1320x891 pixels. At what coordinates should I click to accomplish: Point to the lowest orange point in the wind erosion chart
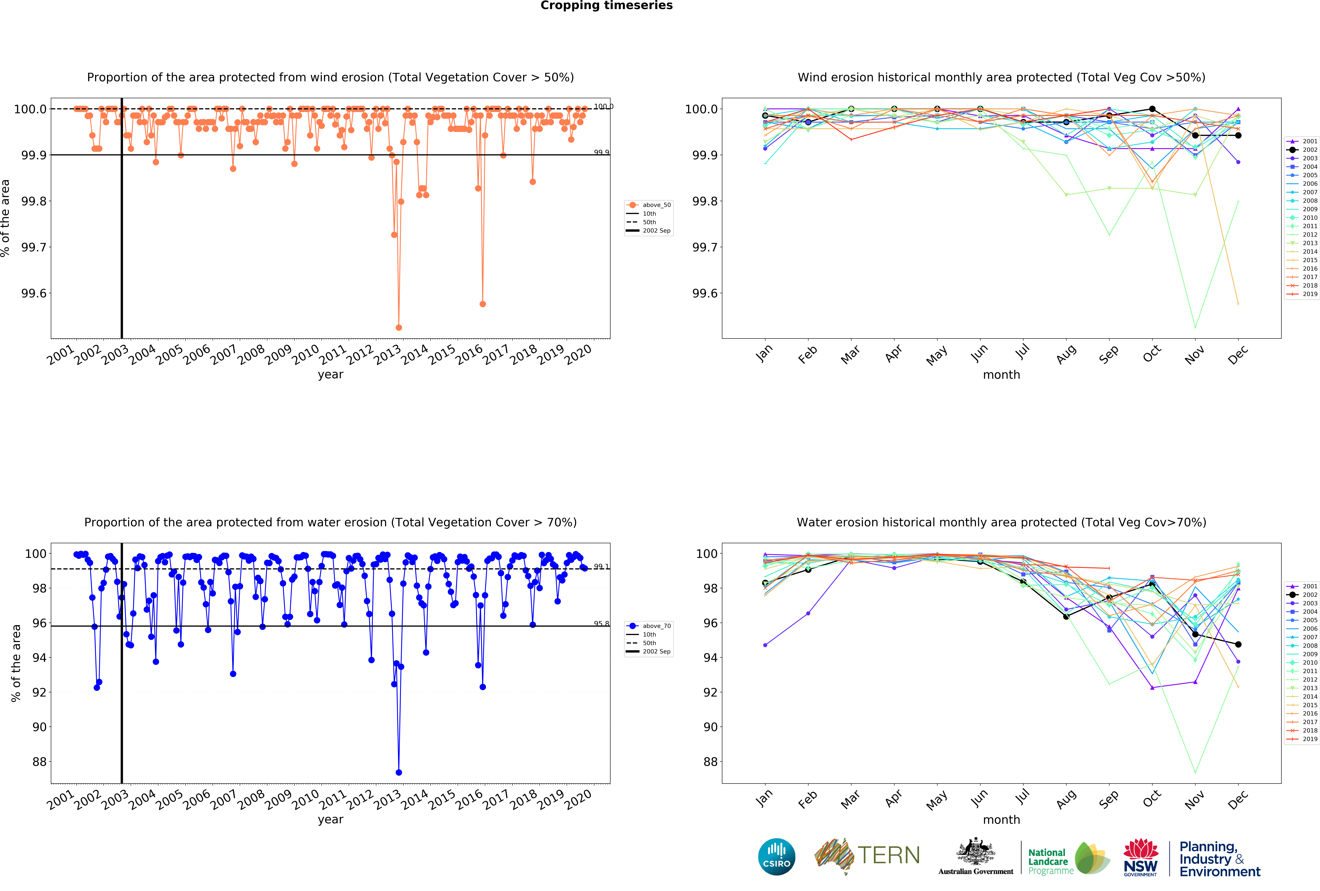399,327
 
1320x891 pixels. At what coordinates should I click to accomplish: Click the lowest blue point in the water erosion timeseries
399,772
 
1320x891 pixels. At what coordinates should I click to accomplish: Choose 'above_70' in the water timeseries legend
656,626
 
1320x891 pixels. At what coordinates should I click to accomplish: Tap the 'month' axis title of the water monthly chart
1001,819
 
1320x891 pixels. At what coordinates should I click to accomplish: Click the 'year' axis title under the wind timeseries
331,375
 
